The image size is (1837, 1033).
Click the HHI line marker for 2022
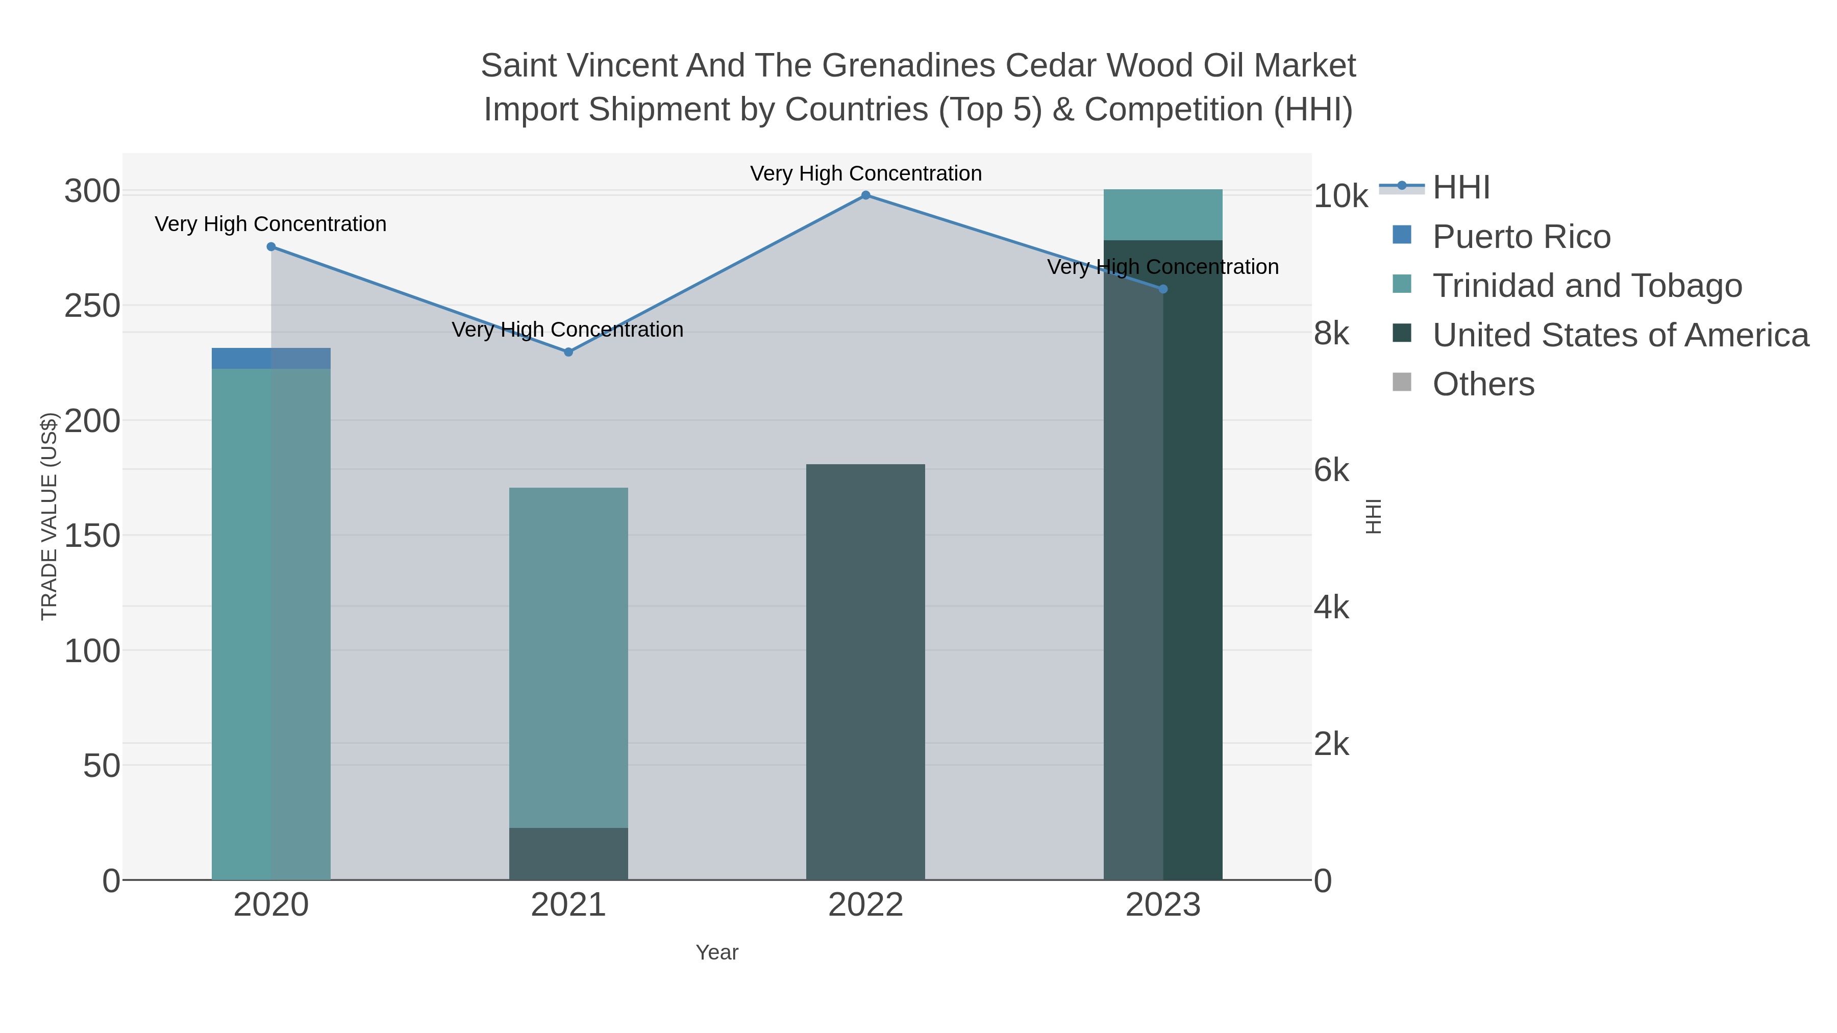[x=866, y=195]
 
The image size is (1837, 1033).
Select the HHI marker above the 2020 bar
[x=271, y=247]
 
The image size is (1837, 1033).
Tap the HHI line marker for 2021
[x=568, y=352]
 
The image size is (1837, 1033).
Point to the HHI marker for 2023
[x=1163, y=289]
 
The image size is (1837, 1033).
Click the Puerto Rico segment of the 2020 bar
[x=271, y=359]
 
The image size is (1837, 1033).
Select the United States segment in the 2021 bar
[x=568, y=853]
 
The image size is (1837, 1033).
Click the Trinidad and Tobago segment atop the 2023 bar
[x=1163, y=215]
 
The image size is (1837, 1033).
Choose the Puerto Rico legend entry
[x=1521, y=237]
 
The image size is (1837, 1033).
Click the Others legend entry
[x=1483, y=384]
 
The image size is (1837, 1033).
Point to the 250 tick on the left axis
[x=93, y=306]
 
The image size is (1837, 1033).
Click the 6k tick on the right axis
[x=1331, y=470]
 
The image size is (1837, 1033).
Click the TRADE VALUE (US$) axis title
[x=48, y=516]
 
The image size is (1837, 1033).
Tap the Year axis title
[x=717, y=952]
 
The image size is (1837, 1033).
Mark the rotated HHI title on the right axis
[x=1374, y=516]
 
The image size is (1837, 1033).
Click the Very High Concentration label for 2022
[x=866, y=173]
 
